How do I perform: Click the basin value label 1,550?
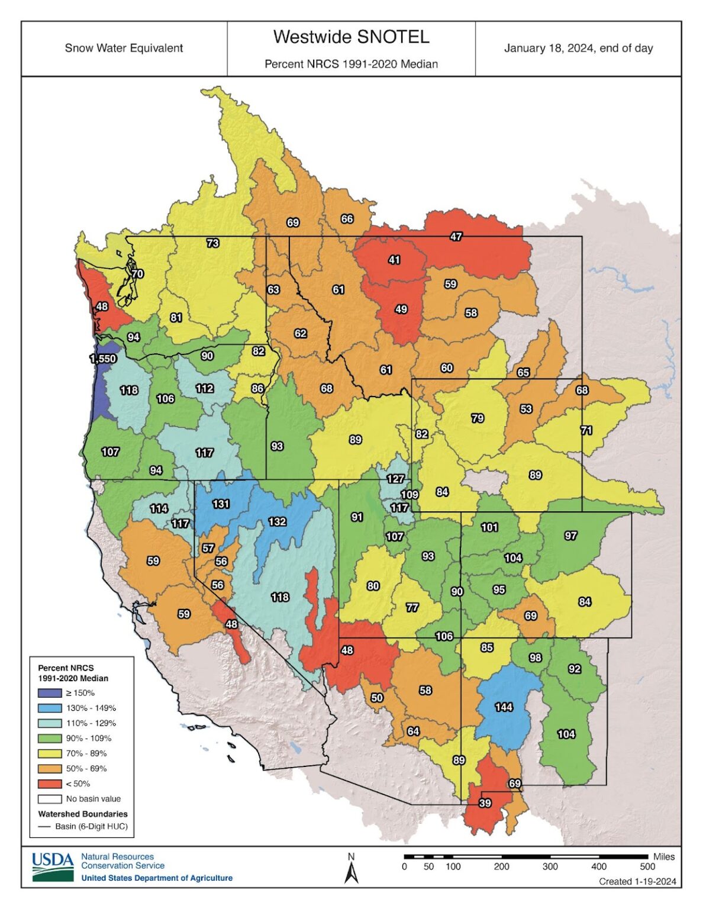[102, 359]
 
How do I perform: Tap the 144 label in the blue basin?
[504, 707]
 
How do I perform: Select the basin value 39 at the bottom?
[485, 803]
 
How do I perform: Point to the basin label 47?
[456, 236]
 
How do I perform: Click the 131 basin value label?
[221, 504]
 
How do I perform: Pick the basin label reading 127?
[395, 479]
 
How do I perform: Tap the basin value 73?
[212, 243]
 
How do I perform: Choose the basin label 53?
[525, 409]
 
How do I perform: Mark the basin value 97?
[570, 536]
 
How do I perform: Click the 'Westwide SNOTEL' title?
[351, 37]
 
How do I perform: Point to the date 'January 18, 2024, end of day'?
[578, 49]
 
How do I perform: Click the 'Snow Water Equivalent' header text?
[124, 49]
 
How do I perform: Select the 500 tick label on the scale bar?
[647, 867]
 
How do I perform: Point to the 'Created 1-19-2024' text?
[637, 881]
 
